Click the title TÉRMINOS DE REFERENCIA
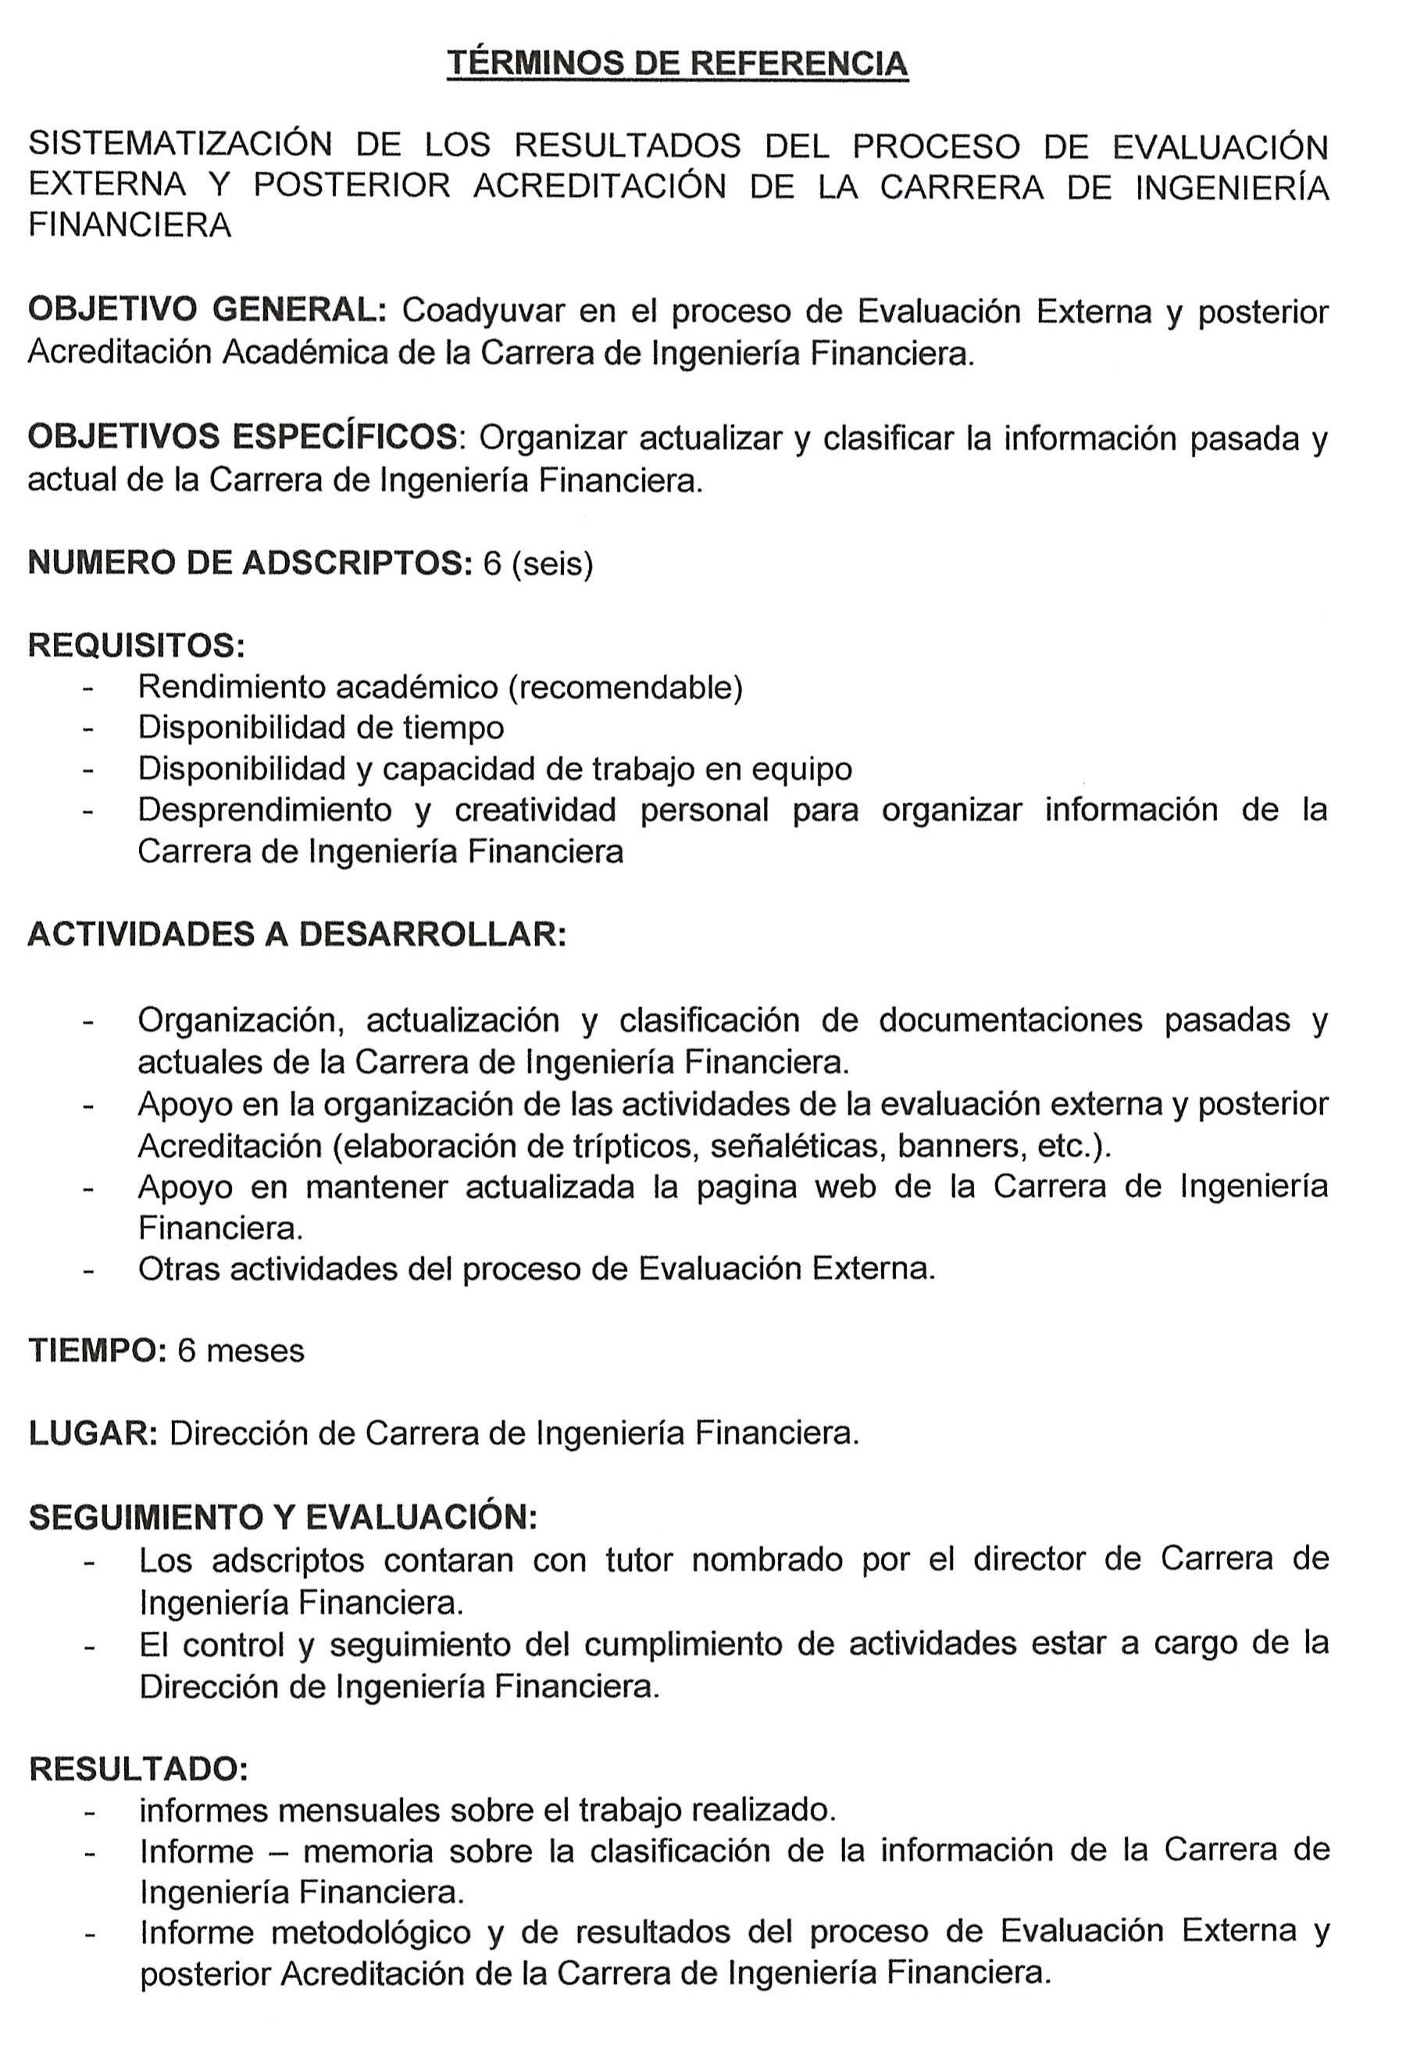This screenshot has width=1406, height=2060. [x=677, y=64]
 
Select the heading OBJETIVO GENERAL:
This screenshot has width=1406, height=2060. [x=208, y=309]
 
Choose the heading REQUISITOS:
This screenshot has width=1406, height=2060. [x=137, y=644]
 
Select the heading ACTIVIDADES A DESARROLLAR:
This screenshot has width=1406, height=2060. [x=297, y=934]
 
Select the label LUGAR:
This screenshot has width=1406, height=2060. [x=93, y=1433]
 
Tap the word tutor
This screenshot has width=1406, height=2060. [x=639, y=1558]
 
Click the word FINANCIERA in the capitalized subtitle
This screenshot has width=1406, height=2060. [x=130, y=225]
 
